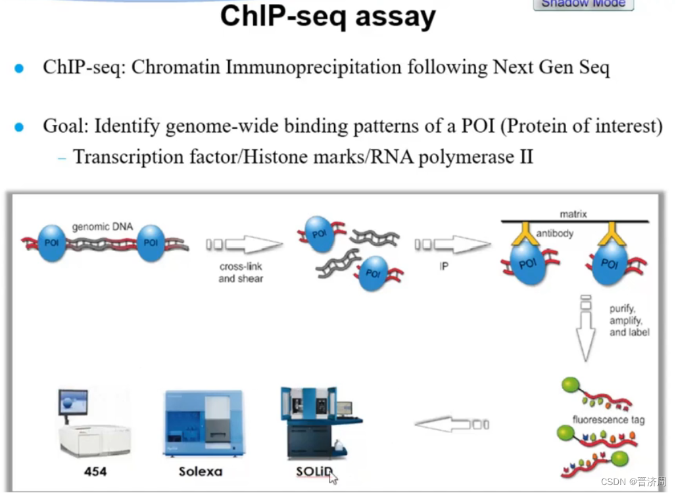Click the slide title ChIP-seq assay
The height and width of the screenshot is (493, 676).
tap(327, 16)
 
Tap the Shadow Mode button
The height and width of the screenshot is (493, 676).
tap(583, 5)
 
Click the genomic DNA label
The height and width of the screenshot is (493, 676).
tap(102, 227)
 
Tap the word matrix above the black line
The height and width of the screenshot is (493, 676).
tap(573, 214)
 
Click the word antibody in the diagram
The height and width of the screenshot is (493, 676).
tap(554, 233)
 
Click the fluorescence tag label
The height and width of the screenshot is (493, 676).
tap(608, 419)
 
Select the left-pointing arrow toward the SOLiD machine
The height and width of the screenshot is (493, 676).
tap(452, 424)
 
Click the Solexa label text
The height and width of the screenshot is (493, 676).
tap(201, 471)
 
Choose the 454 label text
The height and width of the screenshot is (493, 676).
tap(96, 471)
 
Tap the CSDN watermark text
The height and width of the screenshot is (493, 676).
tap(637, 481)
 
